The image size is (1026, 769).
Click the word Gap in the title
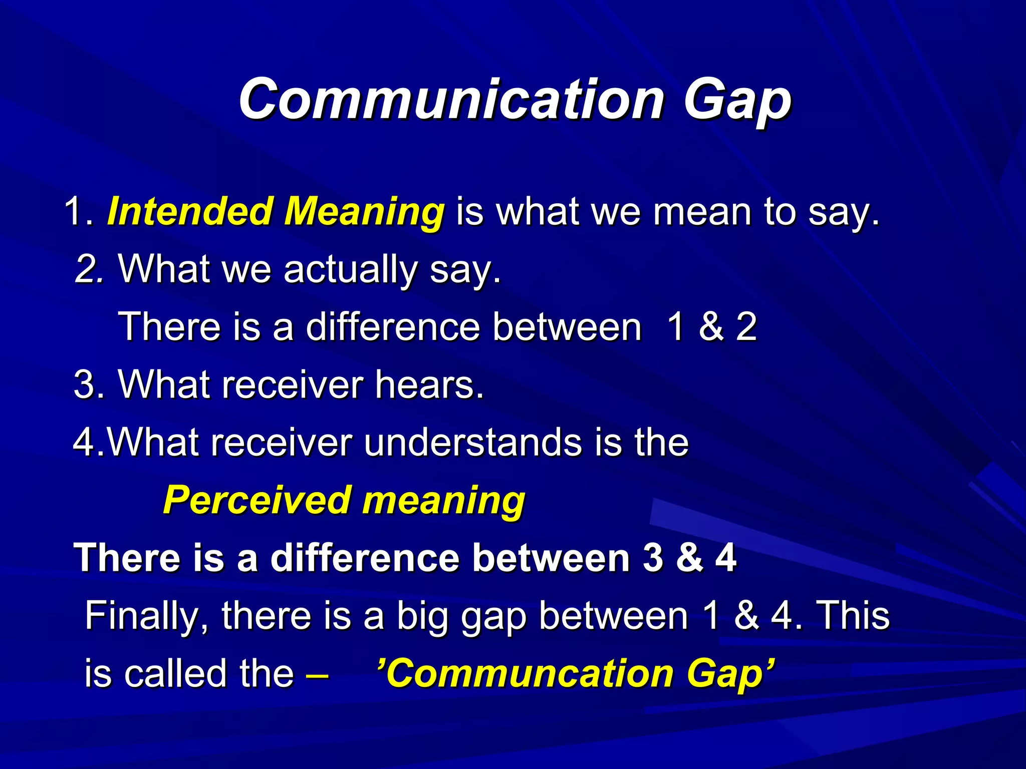pyautogui.click(x=737, y=100)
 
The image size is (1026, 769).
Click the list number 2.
pyautogui.click(x=87, y=269)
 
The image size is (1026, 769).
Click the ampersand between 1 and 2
pyautogui.click(x=711, y=327)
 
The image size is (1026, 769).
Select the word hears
pyautogui.click(x=429, y=384)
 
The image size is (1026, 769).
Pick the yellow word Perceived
pyautogui.click(x=257, y=500)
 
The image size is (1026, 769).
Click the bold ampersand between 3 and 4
pyautogui.click(x=689, y=558)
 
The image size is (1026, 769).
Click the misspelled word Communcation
pyautogui.click(x=530, y=674)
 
